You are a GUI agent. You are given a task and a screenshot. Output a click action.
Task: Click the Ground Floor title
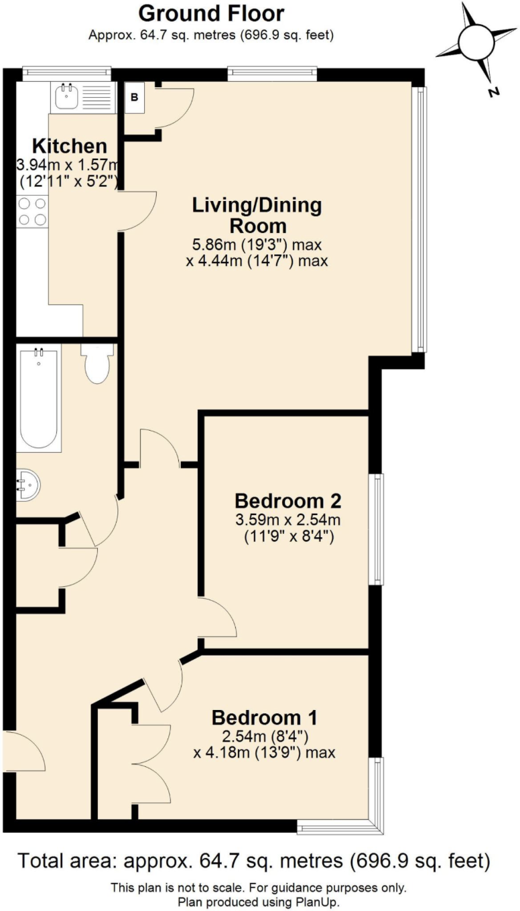click(x=211, y=13)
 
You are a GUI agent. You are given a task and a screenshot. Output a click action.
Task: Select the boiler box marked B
click(x=134, y=97)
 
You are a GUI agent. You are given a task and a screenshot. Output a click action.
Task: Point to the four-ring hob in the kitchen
click(x=31, y=211)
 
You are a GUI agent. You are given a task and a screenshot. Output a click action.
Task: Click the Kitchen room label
click(x=70, y=146)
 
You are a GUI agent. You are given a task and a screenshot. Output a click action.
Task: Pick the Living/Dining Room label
click(x=257, y=214)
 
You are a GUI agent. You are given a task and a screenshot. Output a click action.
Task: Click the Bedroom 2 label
click(x=289, y=500)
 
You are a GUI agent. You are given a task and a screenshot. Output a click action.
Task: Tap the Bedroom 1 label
click(x=264, y=717)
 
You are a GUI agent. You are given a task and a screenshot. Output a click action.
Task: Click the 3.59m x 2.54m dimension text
click(x=289, y=520)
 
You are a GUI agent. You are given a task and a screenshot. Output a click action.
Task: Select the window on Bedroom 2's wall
click(x=379, y=529)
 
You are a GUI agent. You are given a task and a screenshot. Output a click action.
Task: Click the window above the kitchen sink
click(x=66, y=71)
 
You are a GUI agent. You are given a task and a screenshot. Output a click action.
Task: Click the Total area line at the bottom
click(x=253, y=860)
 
